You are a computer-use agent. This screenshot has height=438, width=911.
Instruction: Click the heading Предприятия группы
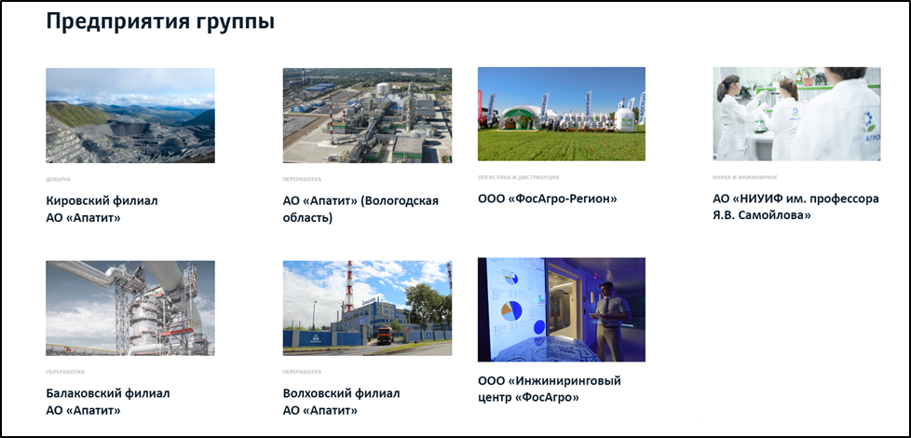(160, 22)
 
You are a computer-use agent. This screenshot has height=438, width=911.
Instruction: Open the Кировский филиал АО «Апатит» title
(102, 209)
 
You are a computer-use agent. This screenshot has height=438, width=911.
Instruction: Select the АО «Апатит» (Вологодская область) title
(360, 209)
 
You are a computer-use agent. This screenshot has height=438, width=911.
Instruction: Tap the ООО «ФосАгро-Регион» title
(548, 198)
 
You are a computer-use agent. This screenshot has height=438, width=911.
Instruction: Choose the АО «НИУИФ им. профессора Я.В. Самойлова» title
(795, 207)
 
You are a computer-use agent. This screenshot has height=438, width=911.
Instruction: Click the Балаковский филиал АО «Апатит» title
(108, 402)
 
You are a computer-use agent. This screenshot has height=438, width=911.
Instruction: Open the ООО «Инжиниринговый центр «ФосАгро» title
(549, 389)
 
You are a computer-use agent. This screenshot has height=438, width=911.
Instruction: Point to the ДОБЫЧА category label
(58, 179)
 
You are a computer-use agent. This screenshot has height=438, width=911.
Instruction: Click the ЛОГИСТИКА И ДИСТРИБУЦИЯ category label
(518, 177)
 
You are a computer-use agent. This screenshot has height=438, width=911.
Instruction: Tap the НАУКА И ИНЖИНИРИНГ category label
(745, 177)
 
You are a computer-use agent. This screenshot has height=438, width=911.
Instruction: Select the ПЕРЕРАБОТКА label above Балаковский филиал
(65, 372)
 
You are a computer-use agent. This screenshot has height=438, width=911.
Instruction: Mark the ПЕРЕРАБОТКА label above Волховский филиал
(302, 372)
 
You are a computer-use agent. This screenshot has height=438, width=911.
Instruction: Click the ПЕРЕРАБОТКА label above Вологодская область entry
(302, 179)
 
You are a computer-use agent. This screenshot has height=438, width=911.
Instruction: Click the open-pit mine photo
(130, 116)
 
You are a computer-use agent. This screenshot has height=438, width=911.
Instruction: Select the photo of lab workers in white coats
(796, 114)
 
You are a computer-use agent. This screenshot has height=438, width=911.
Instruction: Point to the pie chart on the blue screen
(510, 310)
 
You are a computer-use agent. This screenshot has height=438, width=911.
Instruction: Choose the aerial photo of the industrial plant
(367, 116)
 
